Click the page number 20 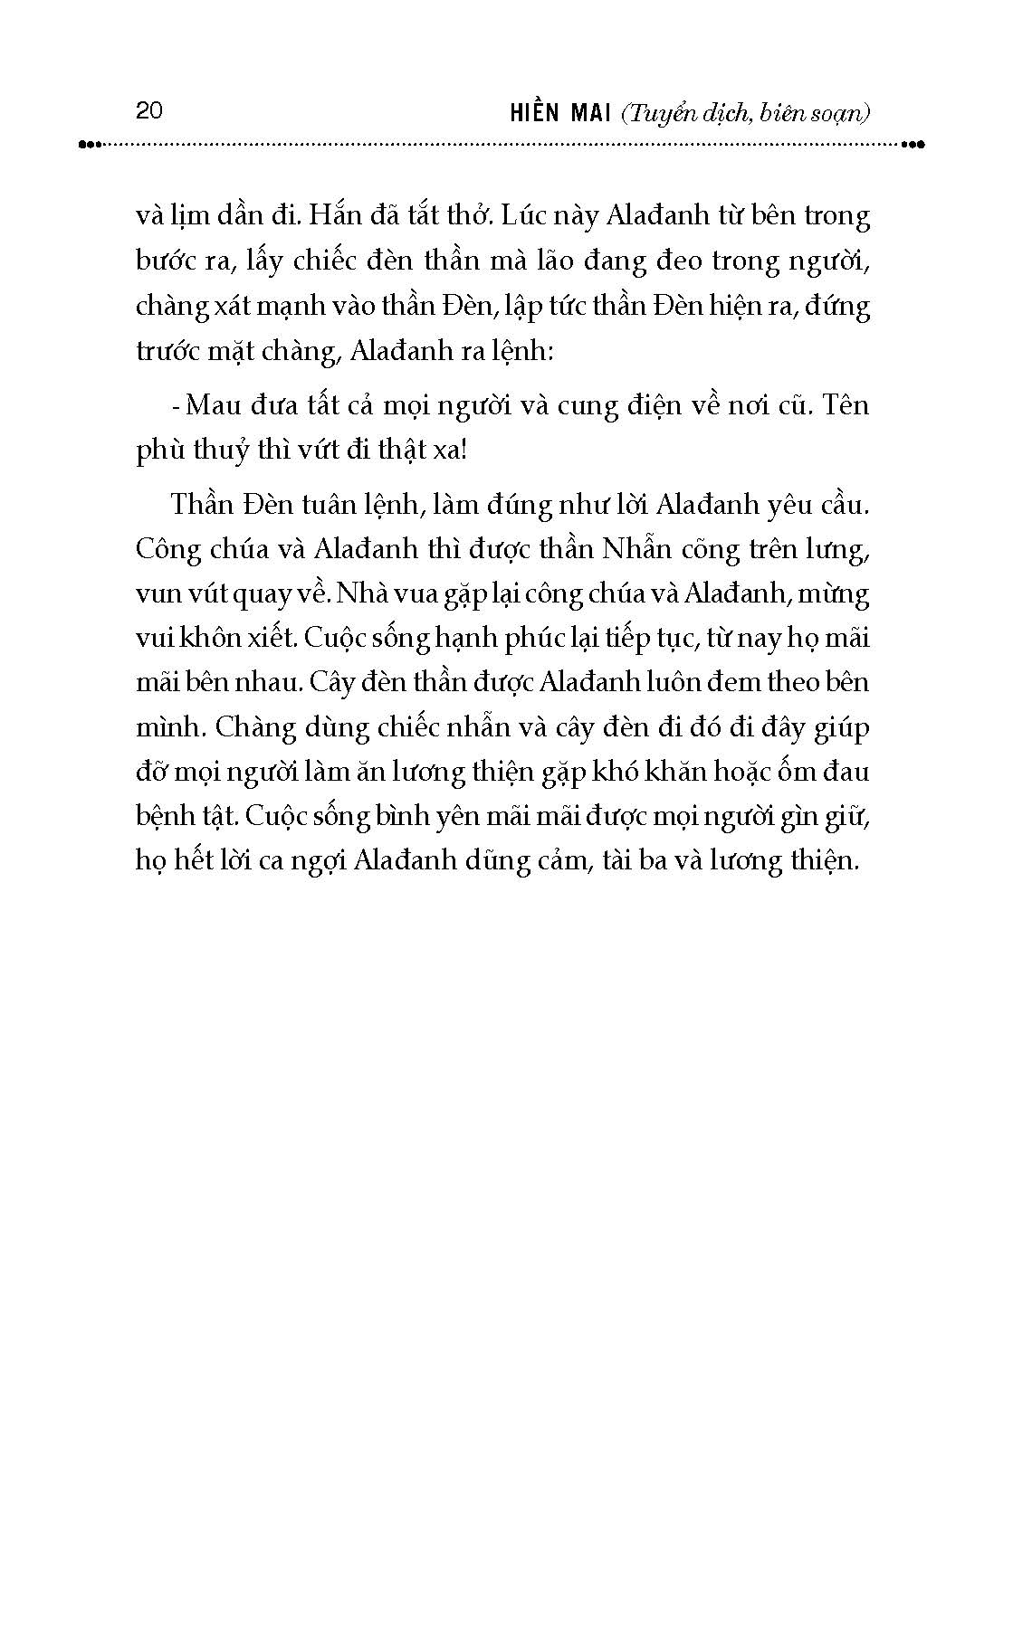(x=148, y=110)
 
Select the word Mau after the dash (x=215, y=404)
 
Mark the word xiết (x=267, y=638)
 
